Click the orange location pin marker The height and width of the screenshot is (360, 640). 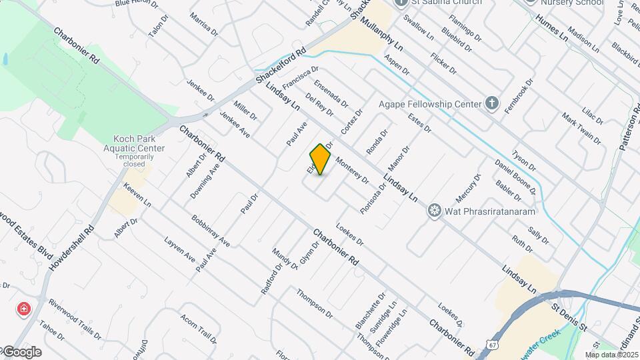tap(321, 159)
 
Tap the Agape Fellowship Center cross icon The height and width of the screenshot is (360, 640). tap(491, 103)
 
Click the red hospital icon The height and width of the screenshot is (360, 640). tap(24, 309)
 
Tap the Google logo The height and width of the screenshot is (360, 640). tap(21, 351)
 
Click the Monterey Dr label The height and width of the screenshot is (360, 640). tap(352, 171)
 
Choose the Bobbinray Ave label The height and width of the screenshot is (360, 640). tap(210, 231)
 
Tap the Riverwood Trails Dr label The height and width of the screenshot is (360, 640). tap(75, 319)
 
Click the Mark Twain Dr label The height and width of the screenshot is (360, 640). tap(581, 129)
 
